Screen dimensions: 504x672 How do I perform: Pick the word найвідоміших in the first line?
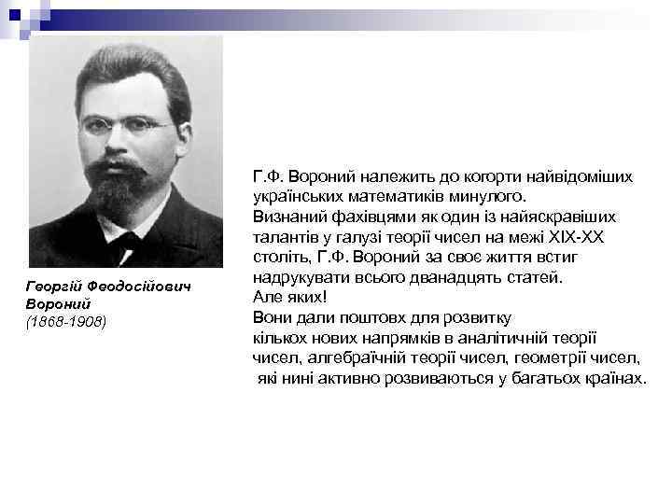[x=585, y=176]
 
